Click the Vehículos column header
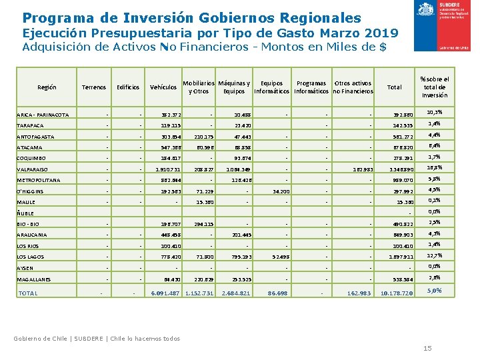(163, 87)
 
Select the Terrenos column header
(93, 87)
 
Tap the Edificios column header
(128, 87)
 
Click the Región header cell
(47, 87)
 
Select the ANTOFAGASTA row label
(37, 137)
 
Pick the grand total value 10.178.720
(396, 294)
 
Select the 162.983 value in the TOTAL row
(358, 294)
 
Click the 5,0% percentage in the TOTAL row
(434, 291)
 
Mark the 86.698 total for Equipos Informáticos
(277, 294)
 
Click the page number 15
(427, 348)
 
